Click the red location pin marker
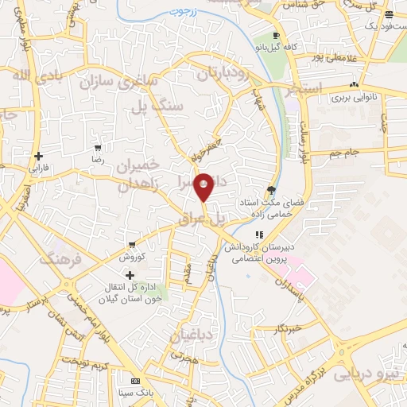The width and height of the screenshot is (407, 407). (203, 186)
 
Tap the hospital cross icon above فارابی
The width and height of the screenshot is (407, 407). (38, 156)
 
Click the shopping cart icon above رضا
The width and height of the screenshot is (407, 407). (98, 148)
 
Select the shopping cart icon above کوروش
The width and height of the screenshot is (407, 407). (130, 246)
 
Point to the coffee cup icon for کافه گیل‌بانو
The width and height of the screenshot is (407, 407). (276, 36)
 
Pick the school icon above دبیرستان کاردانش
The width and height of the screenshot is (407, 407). (259, 235)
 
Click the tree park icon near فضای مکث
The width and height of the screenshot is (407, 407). (273, 189)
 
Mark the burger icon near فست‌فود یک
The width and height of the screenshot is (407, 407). (388, 14)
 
